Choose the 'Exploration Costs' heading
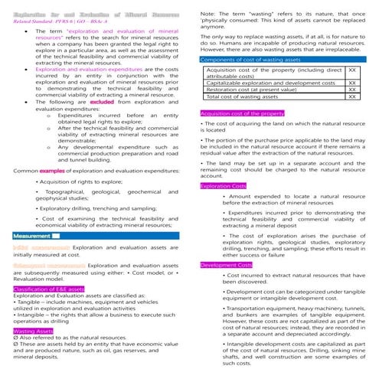(x=223, y=186)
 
